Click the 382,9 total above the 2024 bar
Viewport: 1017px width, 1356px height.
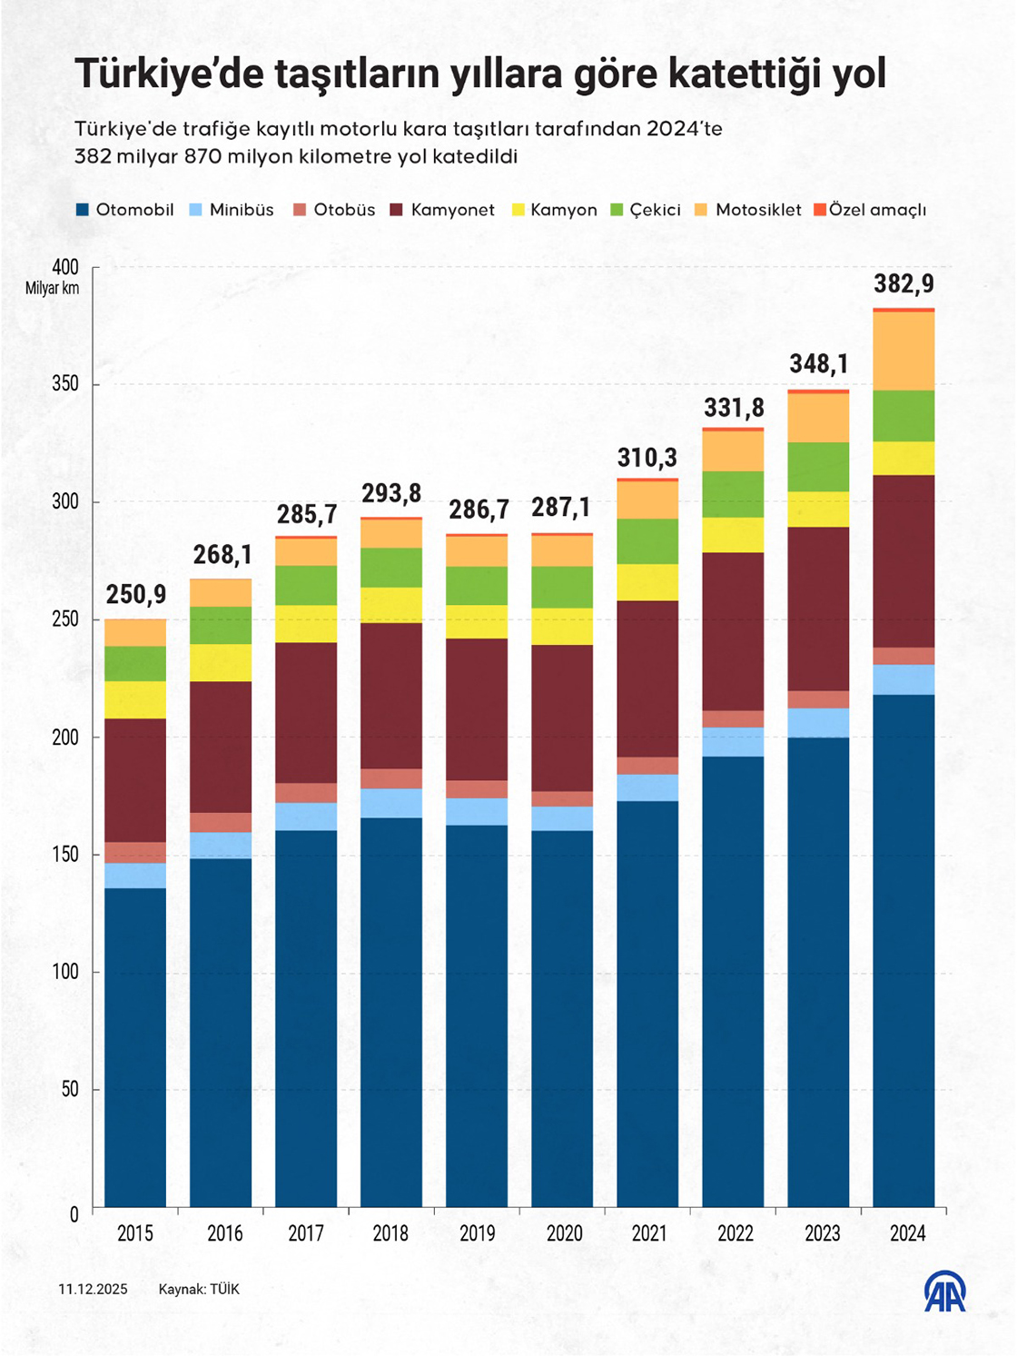(903, 283)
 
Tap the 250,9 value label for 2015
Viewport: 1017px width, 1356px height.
(136, 595)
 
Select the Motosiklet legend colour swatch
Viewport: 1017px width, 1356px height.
(701, 210)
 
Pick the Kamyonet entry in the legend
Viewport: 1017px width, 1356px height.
(452, 210)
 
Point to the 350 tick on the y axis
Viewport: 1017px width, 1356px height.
(65, 384)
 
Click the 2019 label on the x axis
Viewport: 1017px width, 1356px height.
(478, 1233)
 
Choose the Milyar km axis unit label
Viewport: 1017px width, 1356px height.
(52, 289)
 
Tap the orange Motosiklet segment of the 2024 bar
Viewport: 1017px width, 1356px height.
(903, 351)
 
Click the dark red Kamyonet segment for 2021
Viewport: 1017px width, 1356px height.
(647, 678)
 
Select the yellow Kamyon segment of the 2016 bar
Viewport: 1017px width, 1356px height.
(221, 662)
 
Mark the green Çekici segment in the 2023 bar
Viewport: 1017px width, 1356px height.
(818, 467)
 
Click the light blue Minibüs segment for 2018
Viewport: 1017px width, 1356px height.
(391, 803)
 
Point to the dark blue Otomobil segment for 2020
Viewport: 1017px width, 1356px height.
(562, 1017)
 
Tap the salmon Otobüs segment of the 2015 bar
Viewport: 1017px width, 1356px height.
(135, 852)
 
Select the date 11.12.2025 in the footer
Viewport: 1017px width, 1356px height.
(93, 1289)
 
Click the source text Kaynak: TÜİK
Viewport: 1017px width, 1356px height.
(199, 1289)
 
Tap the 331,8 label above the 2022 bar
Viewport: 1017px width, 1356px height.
(734, 408)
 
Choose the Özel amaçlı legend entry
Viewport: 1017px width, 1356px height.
(877, 210)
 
